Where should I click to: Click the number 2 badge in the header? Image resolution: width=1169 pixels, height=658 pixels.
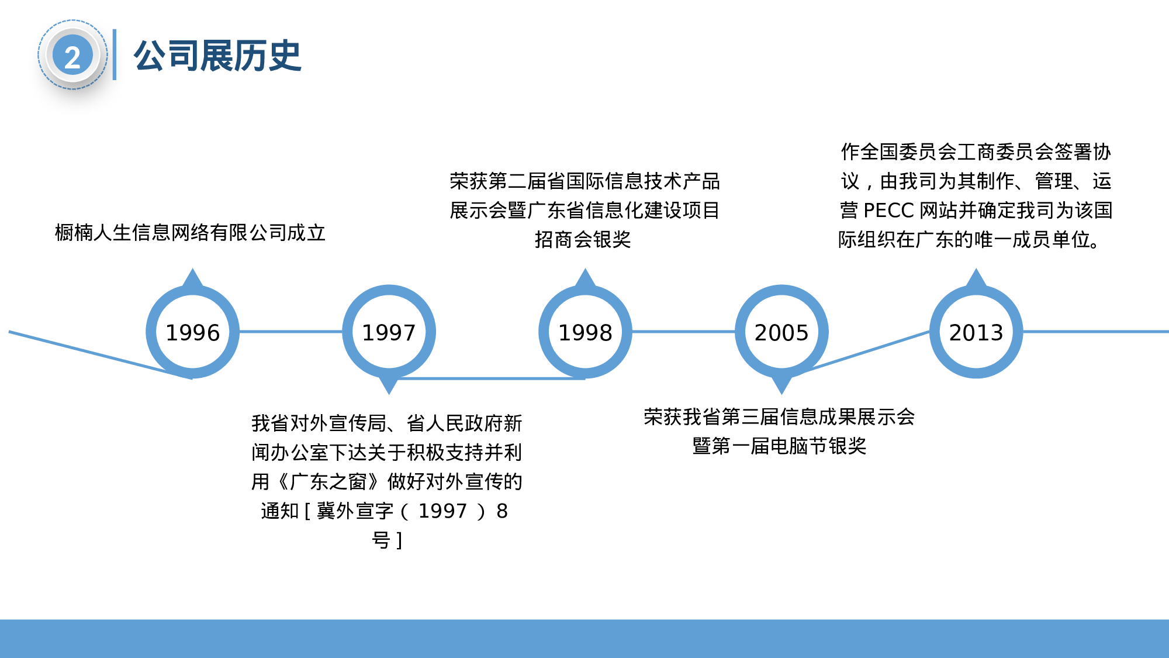(72, 56)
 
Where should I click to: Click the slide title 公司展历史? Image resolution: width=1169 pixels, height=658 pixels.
(217, 56)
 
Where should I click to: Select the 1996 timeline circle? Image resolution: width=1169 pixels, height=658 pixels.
(192, 332)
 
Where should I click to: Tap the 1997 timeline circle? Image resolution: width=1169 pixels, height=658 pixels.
(389, 332)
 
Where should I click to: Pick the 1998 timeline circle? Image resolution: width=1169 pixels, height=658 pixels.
(585, 332)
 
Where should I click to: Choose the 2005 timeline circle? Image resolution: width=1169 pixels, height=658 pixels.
(781, 332)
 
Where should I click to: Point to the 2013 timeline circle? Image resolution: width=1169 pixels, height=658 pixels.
(976, 332)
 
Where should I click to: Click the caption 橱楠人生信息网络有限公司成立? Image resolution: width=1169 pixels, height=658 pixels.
(190, 233)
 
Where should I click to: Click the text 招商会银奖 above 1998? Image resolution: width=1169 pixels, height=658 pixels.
(583, 240)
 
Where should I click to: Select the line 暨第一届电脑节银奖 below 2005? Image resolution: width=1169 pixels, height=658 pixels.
(779, 446)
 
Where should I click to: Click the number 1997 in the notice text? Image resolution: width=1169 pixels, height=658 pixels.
(442, 511)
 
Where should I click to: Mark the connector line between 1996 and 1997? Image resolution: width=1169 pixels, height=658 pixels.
(290, 332)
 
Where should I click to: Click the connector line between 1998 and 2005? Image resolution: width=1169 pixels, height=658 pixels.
(683, 332)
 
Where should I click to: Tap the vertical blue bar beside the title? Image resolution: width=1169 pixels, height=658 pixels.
(115, 54)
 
